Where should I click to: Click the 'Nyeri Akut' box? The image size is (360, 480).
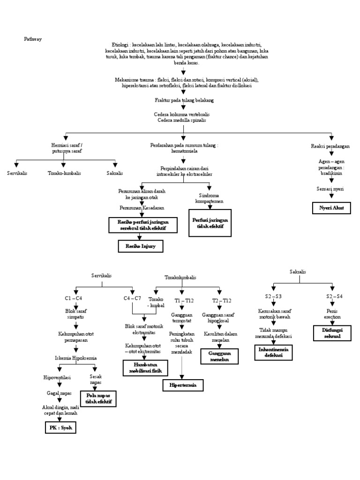pyautogui.click(x=331, y=208)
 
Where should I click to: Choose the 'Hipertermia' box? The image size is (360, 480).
pyautogui.click(x=183, y=385)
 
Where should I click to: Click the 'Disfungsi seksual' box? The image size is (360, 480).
pyautogui.click(x=331, y=333)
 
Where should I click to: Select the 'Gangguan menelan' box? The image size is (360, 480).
pyautogui.click(x=219, y=356)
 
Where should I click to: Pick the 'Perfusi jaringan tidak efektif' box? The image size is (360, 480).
pyautogui.click(x=209, y=223)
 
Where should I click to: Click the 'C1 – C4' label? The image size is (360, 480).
pyautogui.click(x=74, y=299)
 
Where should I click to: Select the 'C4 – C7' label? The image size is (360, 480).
pyautogui.click(x=133, y=299)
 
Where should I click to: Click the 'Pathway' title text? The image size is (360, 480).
pyautogui.click(x=33, y=39)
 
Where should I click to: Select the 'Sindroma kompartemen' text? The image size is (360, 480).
pyautogui.click(x=209, y=198)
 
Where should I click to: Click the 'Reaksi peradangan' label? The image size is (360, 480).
pyautogui.click(x=330, y=146)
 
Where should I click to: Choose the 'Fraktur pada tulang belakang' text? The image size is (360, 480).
pyautogui.click(x=184, y=100)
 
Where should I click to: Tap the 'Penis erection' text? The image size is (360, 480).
pyautogui.click(x=333, y=314)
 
